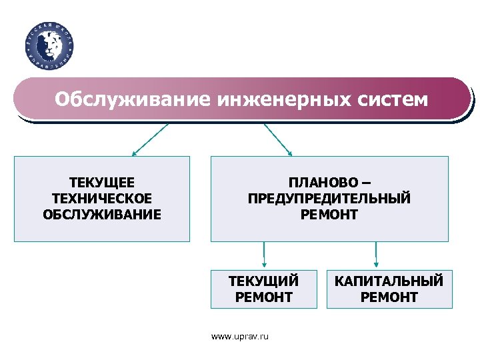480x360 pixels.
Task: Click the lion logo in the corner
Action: tap(49, 45)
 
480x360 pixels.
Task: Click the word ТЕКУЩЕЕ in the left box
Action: tap(102, 182)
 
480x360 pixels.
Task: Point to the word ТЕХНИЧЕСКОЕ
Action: tap(102, 198)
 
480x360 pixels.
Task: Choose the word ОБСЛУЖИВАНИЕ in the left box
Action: tap(102, 215)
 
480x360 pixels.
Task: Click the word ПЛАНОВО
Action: tap(321, 182)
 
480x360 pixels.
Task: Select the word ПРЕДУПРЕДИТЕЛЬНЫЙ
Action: tap(329, 198)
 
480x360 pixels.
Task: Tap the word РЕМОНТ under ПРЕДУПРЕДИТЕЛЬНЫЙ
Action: tap(329, 215)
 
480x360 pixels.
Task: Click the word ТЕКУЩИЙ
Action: tap(263, 281)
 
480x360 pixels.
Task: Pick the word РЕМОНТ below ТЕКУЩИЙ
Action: tap(263, 297)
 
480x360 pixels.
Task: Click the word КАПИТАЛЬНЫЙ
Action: tap(389, 281)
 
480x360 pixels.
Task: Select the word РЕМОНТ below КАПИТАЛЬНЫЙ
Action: tap(389, 297)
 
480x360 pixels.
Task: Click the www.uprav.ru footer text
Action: tap(240, 337)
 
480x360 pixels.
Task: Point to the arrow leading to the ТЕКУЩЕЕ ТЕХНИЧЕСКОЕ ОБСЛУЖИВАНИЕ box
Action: tap(150, 139)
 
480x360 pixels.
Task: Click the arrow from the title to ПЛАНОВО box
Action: tap(278, 139)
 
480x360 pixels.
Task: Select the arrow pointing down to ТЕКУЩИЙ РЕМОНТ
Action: tap(264, 255)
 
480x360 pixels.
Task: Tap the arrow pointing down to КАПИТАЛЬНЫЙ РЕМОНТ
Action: tap(376, 255)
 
